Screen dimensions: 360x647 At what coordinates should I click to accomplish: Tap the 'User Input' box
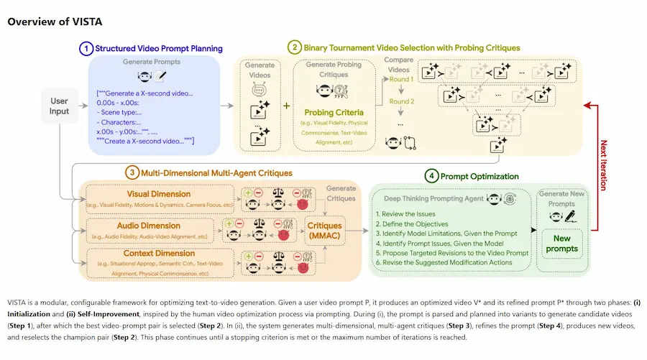[x=60, y=106]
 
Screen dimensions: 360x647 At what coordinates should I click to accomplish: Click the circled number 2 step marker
[x=294, y=47]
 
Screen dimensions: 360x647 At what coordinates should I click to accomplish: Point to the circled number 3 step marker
[x=132, y=172]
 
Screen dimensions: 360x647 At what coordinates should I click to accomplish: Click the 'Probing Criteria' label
[x=334, y=112]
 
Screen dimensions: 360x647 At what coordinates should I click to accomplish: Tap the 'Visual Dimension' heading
[x=159, y=194]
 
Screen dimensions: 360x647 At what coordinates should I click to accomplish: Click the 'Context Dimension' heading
[x=160, y=253]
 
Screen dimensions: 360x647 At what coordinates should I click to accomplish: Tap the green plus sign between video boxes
[x=285, y=106]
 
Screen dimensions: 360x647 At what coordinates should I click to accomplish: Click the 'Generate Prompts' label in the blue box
[x=151, y=62]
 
